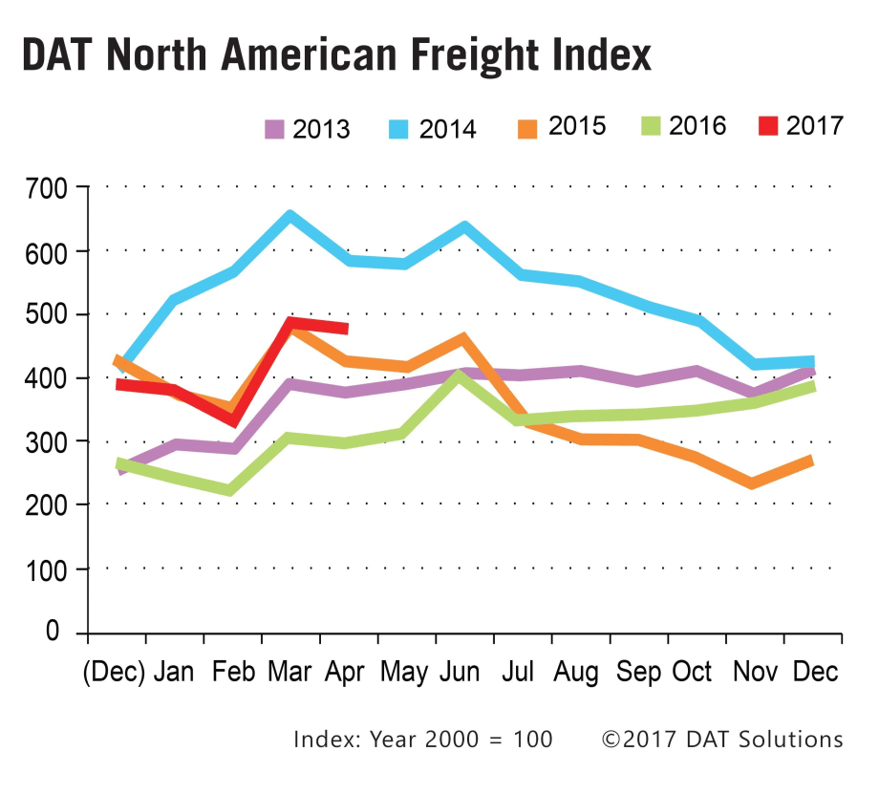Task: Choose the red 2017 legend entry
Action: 814,125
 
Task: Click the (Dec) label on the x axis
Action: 113,672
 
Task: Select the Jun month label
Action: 460,672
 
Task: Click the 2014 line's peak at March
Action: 289,215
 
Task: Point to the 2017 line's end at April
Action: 346,329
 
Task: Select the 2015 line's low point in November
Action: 752,483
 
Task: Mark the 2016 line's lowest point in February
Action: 230,491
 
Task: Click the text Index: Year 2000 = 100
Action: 422,740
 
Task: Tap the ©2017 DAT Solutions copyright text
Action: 722,740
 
